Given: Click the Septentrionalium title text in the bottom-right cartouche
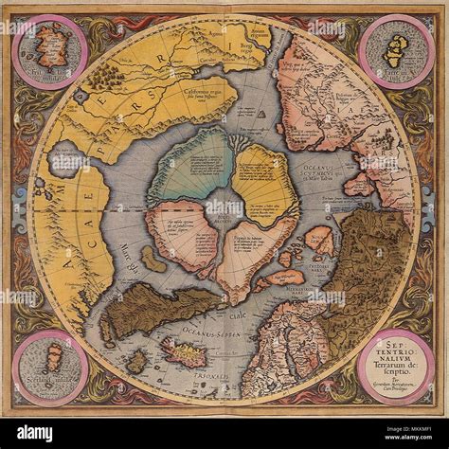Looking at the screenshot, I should pyautogui.click(x=397, y=355).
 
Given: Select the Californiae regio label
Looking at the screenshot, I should pyautogui.click(x=207, y=94).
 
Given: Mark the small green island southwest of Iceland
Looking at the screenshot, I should pyautogui.click(x=139, y=361).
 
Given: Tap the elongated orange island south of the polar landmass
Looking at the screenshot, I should pyautogui.click(x=283, y=278).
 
